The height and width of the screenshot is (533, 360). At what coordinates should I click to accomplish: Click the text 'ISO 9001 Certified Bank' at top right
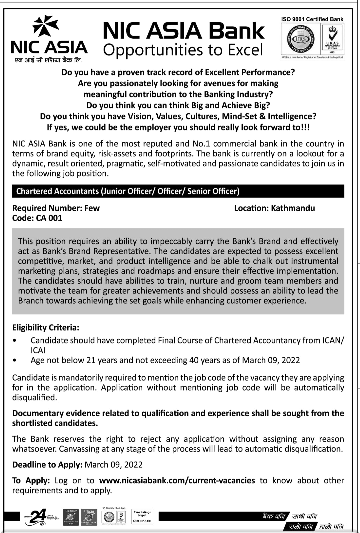[312, 19]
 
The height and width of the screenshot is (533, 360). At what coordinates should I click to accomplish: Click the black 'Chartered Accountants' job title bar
[178, 191]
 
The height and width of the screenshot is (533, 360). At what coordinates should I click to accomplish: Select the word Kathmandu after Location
[293, 208]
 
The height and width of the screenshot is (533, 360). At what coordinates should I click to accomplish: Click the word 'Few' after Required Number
[92, 208]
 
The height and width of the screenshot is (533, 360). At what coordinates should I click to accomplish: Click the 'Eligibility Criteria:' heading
[46, 328]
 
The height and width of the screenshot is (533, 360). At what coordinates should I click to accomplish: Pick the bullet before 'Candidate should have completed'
[14, 341]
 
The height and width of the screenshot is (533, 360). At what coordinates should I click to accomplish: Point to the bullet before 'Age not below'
[14, 360]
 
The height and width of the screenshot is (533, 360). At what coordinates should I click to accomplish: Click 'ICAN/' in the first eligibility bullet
[333, 341]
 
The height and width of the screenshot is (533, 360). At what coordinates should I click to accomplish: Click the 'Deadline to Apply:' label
[47, 465]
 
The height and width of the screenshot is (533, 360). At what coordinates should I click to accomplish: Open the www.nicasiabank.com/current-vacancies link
[177, 481]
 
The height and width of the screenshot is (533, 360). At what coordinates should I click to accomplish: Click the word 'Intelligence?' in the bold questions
[292, 116]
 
